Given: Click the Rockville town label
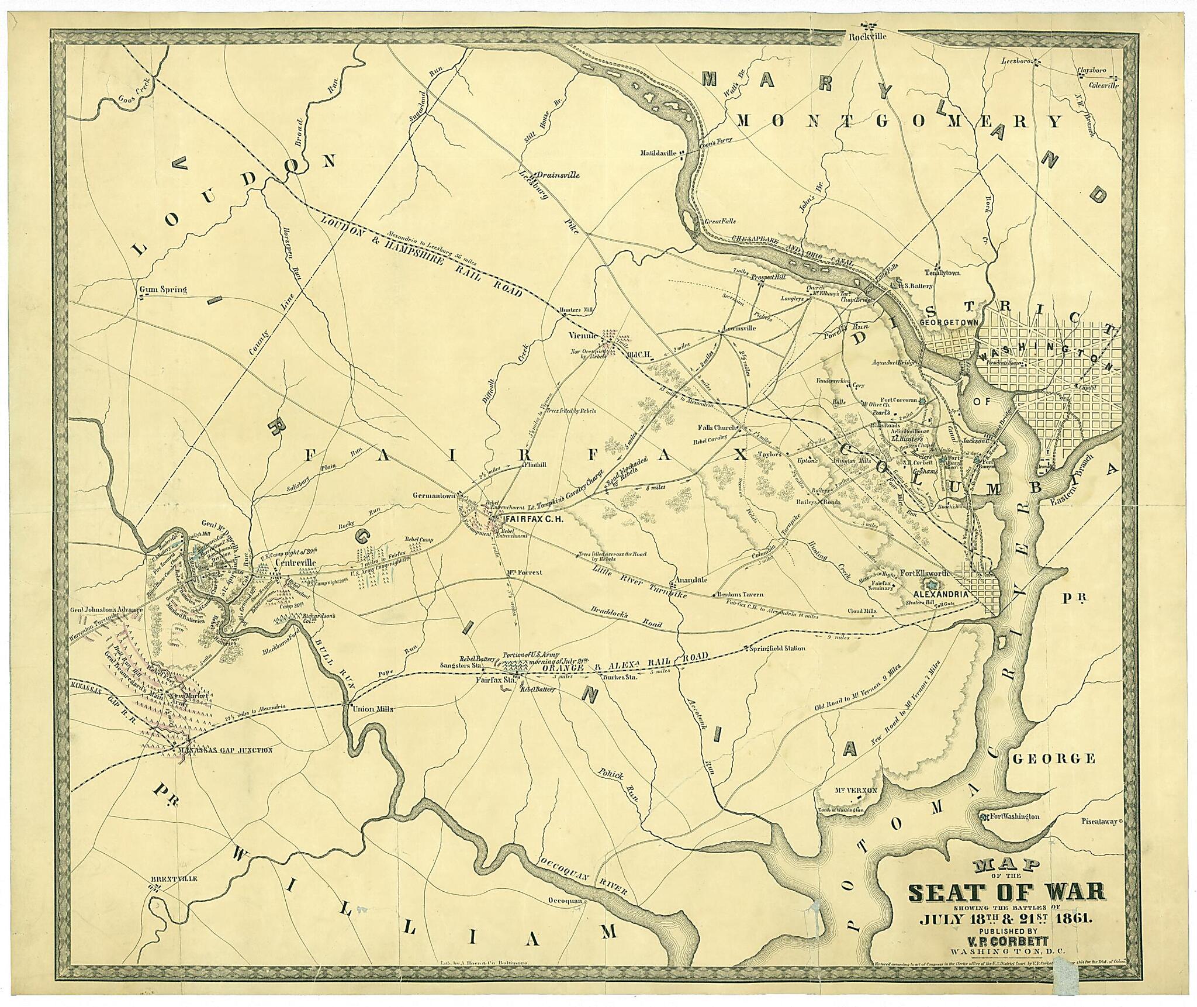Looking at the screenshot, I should click(868, 36).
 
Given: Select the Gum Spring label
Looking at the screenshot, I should click(163, 289).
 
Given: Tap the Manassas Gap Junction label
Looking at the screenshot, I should click(226, 750).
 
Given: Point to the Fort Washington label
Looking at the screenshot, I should click(1015, 816).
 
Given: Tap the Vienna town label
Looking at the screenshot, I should click(583, 336).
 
